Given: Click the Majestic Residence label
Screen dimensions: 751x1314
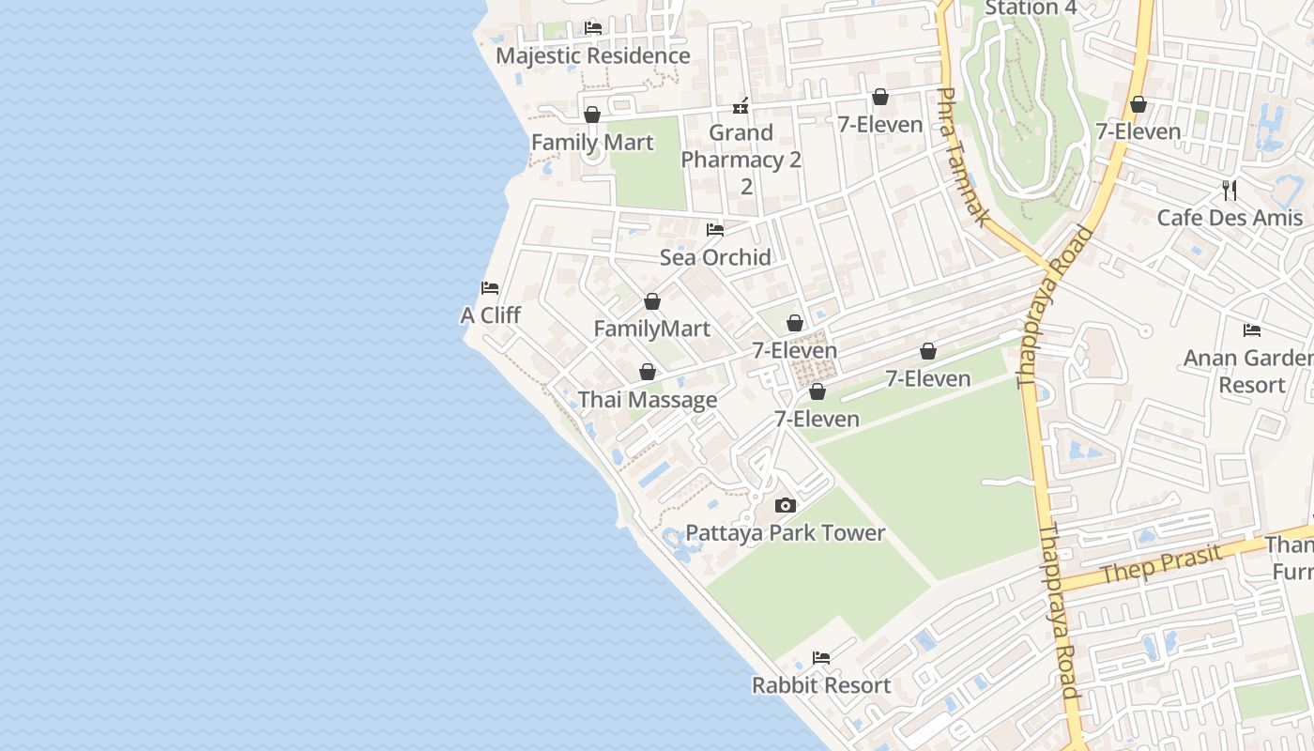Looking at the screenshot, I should click(592, 55).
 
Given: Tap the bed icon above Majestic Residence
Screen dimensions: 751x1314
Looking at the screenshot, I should click(593, 28).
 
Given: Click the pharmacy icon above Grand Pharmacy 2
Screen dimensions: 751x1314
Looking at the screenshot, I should click(741, 105).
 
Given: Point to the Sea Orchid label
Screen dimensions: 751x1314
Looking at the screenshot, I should click(715, 257).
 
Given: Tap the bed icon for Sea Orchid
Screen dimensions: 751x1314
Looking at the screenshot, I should click(715, 230).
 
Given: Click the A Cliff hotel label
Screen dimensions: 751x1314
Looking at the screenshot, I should click(490, 315).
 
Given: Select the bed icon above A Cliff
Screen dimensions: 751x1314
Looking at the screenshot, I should click(490, 288).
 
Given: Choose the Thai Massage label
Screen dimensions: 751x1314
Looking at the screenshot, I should click(648, 400).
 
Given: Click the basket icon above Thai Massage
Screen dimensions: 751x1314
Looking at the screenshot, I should click(648, 373).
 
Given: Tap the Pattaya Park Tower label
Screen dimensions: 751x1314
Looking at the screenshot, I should click(786, 533).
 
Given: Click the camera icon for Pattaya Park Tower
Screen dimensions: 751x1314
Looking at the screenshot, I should click(786, 506).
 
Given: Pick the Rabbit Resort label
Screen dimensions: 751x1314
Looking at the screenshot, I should click(821, 685).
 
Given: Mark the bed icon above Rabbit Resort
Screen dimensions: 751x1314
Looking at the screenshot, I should click(821, 658).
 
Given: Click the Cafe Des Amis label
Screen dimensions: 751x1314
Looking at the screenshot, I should click(1230, 218).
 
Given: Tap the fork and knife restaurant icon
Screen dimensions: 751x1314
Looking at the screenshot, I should click(1230, 191).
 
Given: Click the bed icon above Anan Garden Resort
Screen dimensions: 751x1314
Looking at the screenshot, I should click(1252, 330).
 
